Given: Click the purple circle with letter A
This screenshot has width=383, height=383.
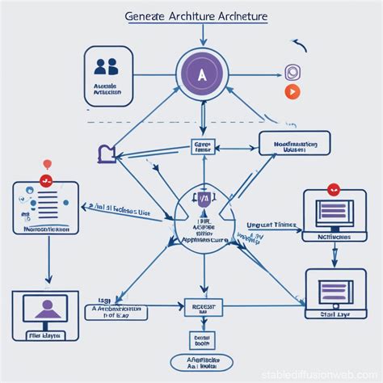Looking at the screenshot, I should [x=202, y=74].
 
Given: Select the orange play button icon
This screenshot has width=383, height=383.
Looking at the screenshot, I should [x=292, y=91].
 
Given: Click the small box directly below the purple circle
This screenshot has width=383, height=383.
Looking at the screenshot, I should [x=202, y=146].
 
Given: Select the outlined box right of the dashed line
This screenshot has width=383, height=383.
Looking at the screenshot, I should [x=293, y=144].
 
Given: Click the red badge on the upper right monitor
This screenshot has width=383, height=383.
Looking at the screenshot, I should [x=332, y=190].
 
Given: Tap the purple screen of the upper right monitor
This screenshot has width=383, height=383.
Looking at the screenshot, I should [x=333, y=212].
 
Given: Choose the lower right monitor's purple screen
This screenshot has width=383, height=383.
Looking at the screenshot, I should [x=333, y=290].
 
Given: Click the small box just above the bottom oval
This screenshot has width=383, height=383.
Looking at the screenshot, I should [x=202, y=339].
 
